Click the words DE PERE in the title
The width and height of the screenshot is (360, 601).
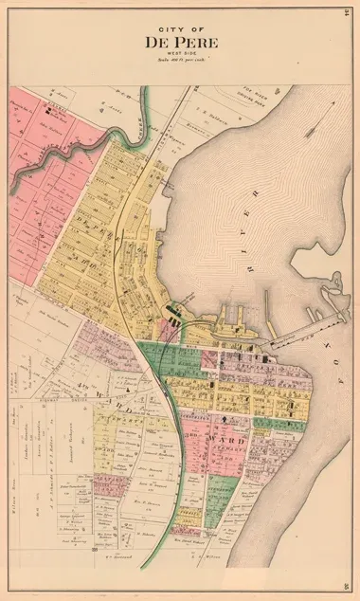pyautogui.click(x=180, y=42)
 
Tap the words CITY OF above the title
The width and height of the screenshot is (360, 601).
pyautogui.click(x=180, y=29)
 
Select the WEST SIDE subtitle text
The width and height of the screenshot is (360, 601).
pyautogui.click(x=180, y=53)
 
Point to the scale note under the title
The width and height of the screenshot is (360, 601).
pyautogui.click(x=180, y=61)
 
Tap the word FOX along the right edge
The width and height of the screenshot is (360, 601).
pyautogui.click(x=339, y=341)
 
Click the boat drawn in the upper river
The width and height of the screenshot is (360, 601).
pyautogui.click(x=323, y=133)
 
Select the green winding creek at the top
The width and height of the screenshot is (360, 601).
pyautogui.click(x=142, y=114)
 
